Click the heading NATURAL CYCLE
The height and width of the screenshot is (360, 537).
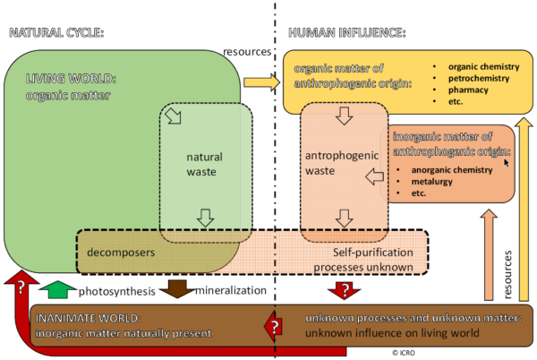click(56, 33)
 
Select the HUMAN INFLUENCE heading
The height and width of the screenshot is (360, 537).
click(346, 33)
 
